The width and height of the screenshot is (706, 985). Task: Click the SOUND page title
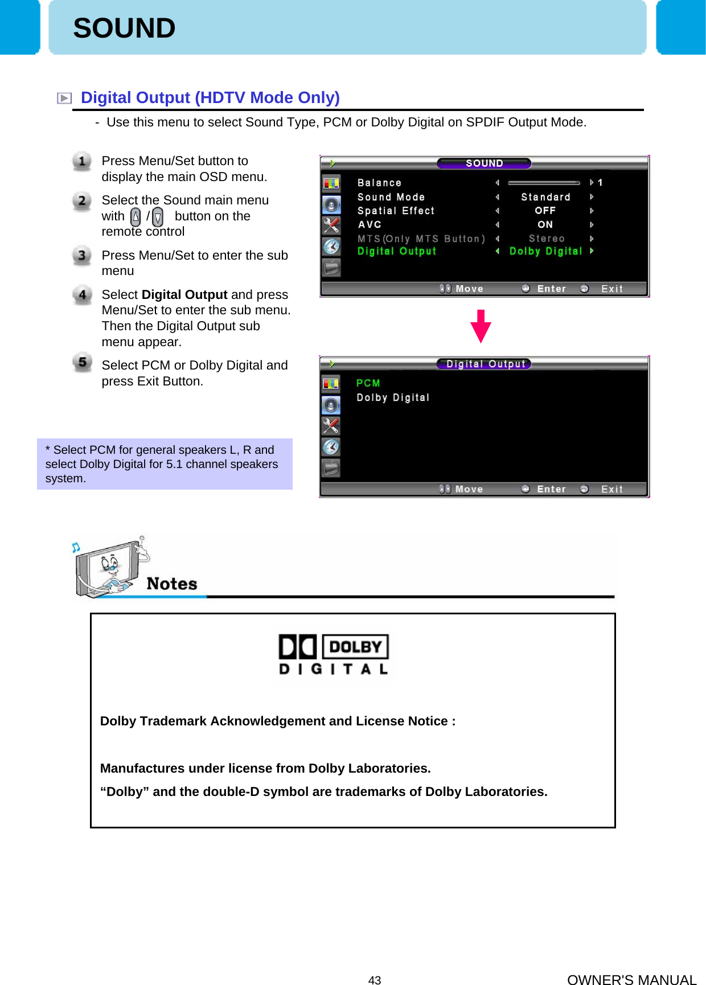pyautogui.click(x=124, y=28)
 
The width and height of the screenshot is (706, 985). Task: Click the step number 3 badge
pyautogui.click(x=82, y=256)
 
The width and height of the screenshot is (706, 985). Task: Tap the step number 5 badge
pyautogui.click(x=82, y=362)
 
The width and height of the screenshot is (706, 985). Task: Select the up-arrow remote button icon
pyautogui.click(x=136, y=217)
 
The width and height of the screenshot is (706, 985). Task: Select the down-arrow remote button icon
pyautogui.click(x=158, y=217)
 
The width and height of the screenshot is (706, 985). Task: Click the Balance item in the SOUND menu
pyautogui.click(x=379, y=183)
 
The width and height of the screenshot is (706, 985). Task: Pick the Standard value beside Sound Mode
pyautogui.click(x=545, y=197)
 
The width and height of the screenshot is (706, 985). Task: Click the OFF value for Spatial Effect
pyautogui.click(x=545, y=211)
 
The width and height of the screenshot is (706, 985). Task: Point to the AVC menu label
pyautogui.click(x=370, y=225)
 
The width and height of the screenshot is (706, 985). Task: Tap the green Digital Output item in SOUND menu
pyautogui.click(x=397, y=251)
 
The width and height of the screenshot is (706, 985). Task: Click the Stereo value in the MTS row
pyautogui.click(x=547, y=239)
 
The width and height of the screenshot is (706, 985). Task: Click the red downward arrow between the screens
pyautogui.click(x=481, y=326)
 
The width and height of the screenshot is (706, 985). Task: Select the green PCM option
pyautogui.click(x=368, y=383)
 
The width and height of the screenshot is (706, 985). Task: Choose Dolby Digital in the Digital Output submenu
pyautogui.click(x=393, y=397)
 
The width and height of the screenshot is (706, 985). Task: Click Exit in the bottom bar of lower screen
pyautogui.click(x=611, y=489)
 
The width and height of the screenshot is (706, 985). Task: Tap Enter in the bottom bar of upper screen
pyautogui.click(x=551, y=289)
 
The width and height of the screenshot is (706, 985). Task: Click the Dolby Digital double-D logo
pyautogui.click(x=334, y=655)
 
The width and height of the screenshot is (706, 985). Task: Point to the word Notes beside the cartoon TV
pyautogui.click(x=171, y=584)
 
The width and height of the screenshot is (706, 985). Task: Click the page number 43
pyautogui.click(x=375, y=980)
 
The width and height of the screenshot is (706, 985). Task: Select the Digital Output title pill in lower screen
pyautogui.click(x=485, y=364)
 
